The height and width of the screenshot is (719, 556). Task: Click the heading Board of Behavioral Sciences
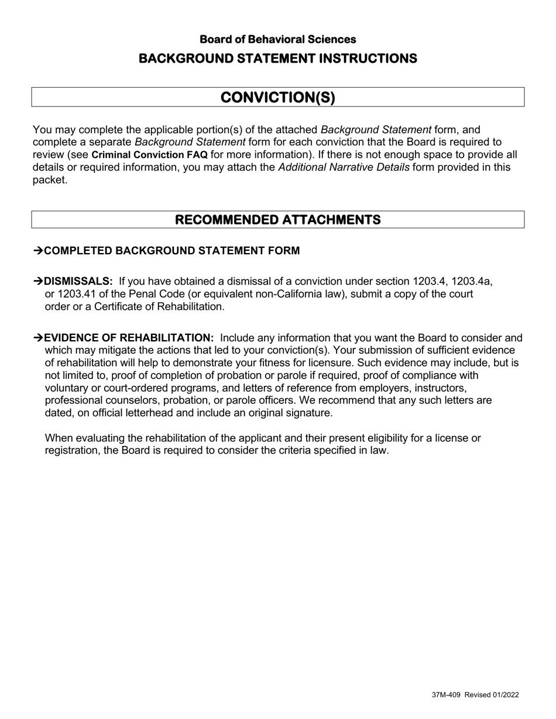(x=277, y=39)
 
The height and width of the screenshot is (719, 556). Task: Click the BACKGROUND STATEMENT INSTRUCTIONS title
(x=277, y=58)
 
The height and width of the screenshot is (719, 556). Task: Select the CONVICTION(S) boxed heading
(x=277, y=97)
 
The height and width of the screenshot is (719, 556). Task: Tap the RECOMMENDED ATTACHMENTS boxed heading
(x=277, y=220)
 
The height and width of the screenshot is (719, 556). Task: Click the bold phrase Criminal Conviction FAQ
(x=149, y=155)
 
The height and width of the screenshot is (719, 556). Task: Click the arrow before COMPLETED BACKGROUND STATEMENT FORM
(x=38, y=251)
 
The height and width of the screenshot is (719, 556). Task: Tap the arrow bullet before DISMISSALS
(x=38, y=281)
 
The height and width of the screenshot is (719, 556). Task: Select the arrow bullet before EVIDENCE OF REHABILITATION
(x=38, y=338)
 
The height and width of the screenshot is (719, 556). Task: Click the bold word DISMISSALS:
(x=78, y=281)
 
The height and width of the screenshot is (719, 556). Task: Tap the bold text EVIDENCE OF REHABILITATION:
(x=129, y=338)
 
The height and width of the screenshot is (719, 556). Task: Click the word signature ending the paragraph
(x=310, y=413)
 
